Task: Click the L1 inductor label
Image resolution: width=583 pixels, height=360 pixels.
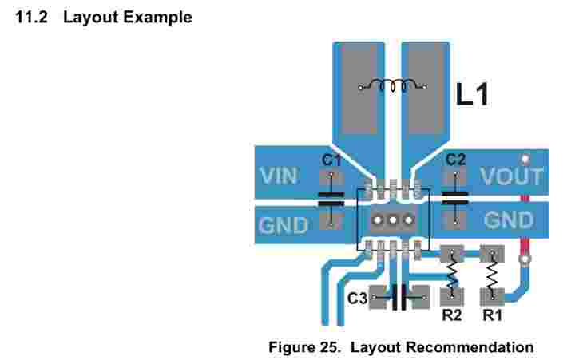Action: click(x=471, y=96)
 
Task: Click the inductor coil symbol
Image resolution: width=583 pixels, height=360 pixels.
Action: click(x=391, y=85)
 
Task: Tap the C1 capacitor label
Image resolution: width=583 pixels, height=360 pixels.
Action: click(x=331, y=160)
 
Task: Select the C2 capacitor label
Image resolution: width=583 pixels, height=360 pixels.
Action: click(x=455, y=160)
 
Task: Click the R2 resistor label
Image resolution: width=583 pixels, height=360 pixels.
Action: click(x=452, y=315)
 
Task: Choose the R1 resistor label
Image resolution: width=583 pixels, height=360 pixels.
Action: click(x=492, y=315)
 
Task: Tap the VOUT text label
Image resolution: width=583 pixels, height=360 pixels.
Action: click(x=511, y=177)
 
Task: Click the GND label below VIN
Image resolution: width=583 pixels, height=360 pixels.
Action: click(x=283, y=225)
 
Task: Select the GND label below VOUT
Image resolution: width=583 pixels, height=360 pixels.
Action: click(x=509, y=220)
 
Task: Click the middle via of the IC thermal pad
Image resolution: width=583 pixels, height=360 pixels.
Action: click(x=392, y=220)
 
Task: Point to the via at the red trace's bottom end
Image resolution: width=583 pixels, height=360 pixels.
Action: click(x=525, y=259)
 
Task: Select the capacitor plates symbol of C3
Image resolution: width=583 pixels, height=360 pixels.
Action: click(x=401, y=298)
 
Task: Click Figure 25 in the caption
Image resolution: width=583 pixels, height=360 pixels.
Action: click(x=305, y=347)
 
